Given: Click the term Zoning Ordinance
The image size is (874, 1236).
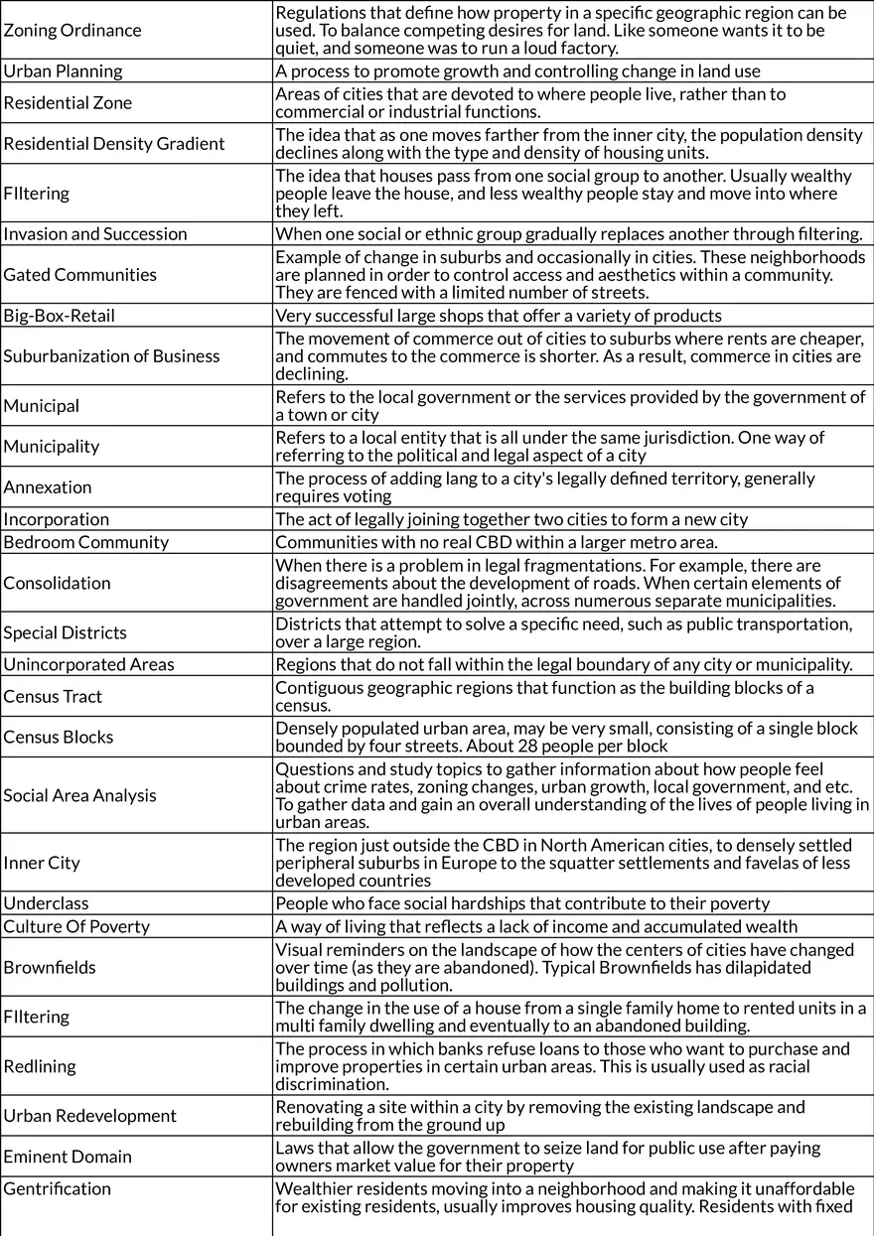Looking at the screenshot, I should (x=73, y=30).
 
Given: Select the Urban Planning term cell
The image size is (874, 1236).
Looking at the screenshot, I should (x=64, y=71).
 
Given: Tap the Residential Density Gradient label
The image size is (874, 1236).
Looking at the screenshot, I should (x=114, y=144).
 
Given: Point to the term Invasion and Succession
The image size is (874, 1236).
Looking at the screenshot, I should (x=95, y=234).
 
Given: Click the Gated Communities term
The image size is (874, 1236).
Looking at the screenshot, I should (x=80, y=275).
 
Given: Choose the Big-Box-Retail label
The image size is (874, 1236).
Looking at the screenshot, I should (x=60, y=316).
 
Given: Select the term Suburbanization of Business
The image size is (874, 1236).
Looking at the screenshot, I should (x=112, y=356).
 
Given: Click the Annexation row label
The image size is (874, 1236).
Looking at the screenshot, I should (x=48, y=487).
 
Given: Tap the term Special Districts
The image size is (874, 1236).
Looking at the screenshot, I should (x=66, y=632).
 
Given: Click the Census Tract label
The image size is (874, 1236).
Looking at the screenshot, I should (x=53, y=697).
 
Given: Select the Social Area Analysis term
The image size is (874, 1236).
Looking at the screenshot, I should (x=79, y=795).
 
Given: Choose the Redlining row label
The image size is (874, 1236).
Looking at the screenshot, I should (x=40, y=1066).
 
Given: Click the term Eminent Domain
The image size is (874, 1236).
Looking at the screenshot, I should (x=68, y=1157).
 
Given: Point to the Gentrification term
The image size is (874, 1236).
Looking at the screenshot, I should (x=58, y=1189).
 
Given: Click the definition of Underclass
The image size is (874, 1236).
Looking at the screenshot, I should (x=522, y=903).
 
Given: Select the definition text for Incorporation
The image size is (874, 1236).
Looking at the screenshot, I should (x=511, y=519).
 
